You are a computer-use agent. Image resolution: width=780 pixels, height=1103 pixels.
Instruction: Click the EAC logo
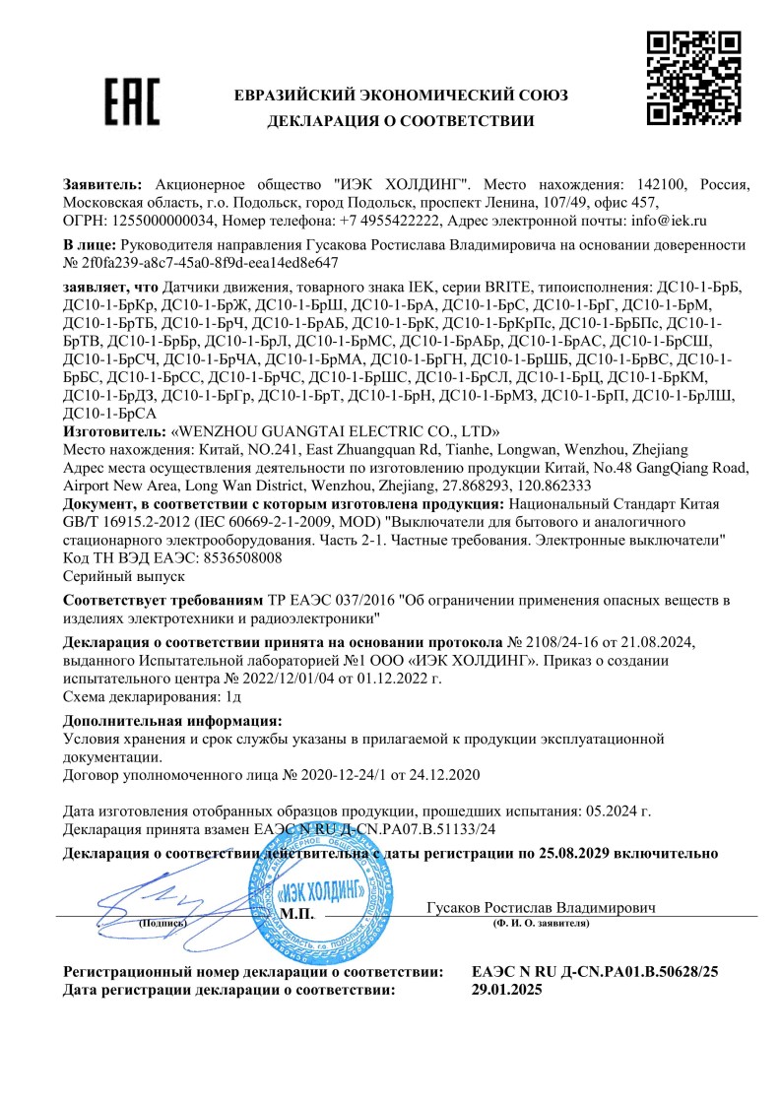(x=132, y=101)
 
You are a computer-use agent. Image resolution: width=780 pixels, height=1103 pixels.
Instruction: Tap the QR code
(x=693, y=78)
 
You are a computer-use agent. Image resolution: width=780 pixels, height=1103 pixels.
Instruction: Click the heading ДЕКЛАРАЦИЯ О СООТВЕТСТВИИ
(x=400, y=121)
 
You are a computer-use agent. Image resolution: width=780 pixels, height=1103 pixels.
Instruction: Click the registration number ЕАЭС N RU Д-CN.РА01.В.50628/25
(x=596, y=972)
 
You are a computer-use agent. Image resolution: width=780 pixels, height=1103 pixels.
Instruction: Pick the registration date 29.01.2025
(x=507, y=990)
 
